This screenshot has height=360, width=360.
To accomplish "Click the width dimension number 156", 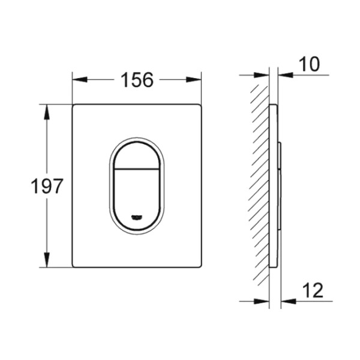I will click(137, 80).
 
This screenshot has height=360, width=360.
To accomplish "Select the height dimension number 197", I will click(47, 186).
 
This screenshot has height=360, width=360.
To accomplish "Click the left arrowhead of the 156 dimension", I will click(77, 80).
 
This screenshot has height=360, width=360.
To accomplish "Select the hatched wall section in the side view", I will click(260, 186).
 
